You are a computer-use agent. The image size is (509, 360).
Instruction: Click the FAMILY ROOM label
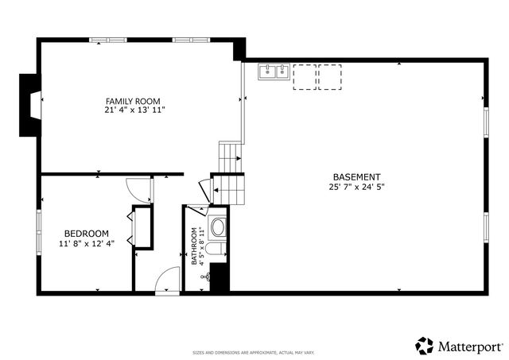[133, 101]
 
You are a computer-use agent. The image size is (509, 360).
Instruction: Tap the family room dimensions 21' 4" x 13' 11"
[133, 110]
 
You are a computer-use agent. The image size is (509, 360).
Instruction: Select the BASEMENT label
[356, 176]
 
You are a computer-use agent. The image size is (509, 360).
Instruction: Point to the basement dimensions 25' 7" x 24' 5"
[356, 188]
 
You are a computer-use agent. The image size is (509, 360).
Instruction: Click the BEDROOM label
[87, 233]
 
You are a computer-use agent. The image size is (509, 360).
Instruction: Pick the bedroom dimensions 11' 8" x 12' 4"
[87, 243]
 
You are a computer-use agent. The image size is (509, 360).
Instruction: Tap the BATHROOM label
[193, 246]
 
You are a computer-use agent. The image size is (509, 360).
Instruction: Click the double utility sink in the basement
[274, 73]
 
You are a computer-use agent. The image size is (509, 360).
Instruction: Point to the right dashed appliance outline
[329, 77]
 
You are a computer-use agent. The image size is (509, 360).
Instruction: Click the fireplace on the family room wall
[30, 103]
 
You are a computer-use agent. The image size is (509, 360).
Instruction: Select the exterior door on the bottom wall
[168, 281]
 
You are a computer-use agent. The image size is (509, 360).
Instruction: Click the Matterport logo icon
[425, 346]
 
